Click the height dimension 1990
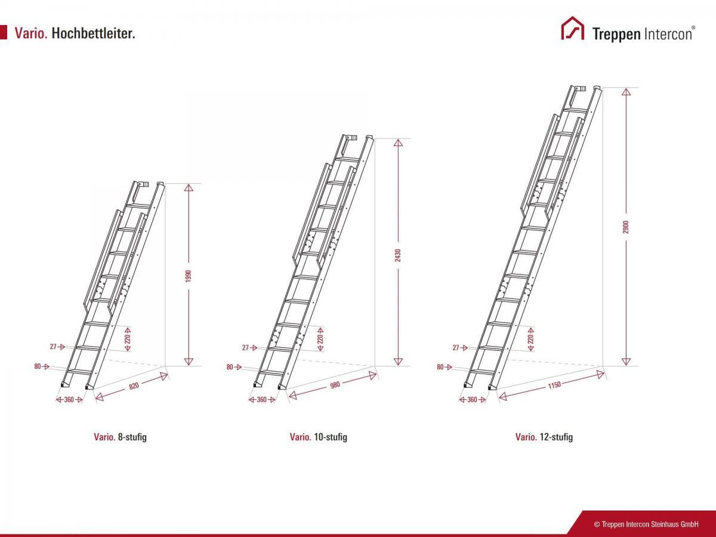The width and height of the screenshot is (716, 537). coord(189,276)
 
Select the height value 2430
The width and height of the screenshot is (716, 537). coord(397,255)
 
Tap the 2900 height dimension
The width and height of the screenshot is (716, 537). coord(626,227)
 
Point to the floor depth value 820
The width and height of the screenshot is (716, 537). coord(134,386)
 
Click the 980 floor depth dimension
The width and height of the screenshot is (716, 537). coord(335,385)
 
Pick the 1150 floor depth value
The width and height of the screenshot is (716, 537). coord(554,385)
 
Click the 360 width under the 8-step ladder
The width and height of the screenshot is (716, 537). coord(69,400)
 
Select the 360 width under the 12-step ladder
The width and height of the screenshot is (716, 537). coord(472,400)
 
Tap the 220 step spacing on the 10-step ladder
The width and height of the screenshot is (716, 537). coord(320,339)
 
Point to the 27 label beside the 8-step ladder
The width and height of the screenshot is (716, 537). coord(53,347)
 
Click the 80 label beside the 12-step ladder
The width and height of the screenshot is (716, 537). coord(440,367)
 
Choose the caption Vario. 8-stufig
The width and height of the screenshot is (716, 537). coord(120,437)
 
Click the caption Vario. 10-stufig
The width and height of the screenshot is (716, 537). coord(319,437)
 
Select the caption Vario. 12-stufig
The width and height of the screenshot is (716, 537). coord(544,437)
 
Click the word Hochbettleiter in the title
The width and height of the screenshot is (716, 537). coord(93,33)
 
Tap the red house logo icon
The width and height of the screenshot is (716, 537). coord(572,28)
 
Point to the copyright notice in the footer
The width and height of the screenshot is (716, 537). coord(646,524)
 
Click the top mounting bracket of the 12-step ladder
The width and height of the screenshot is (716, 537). coord(580,88)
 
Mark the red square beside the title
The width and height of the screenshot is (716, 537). coord(3,32)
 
